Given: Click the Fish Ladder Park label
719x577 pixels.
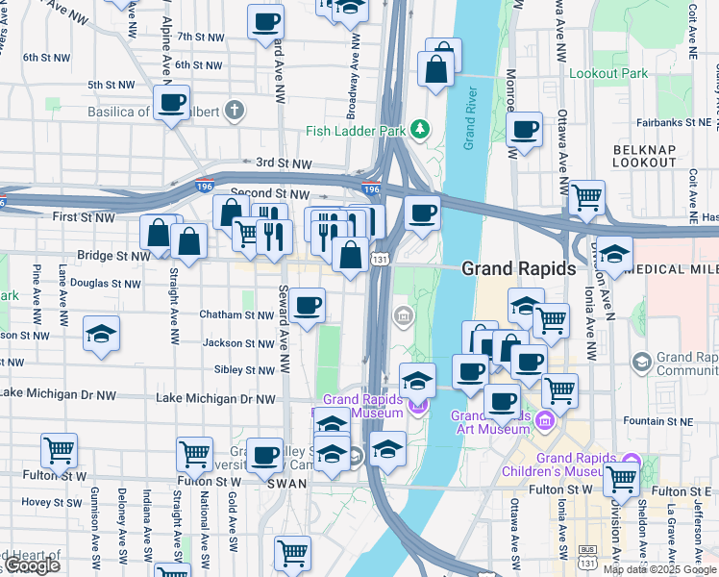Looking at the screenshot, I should pyautogui.click(x=356, y=131).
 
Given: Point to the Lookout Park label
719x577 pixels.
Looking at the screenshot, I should pyautogui.click(x=607, y=73).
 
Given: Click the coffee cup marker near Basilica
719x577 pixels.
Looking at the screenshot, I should pyautogui.click(x=173, y=102).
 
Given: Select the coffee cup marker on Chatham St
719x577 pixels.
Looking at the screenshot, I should pyautogui.click(x=308, y=306).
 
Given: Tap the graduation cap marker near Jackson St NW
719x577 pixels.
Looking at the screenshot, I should pyautogui.click(x=101, y=334).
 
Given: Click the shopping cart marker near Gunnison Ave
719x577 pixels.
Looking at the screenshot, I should pyautogui.click(x=59, y=449).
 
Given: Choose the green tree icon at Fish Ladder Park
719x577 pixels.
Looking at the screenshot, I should pyautogui.click(x=419, y=129).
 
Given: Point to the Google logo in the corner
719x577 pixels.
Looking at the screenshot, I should pyautogui.click(x=31, y=565).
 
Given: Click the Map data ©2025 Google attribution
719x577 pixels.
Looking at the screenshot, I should pyautogui.click(x=659, y=569).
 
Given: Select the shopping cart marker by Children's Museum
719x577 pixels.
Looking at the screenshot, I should pyautogui.click(x=622, y=477).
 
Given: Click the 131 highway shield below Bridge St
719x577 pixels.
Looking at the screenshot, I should pyautogui.click(x=382, y=260).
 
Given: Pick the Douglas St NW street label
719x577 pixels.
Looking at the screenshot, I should pyautogui.click(x=106, y=284).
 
